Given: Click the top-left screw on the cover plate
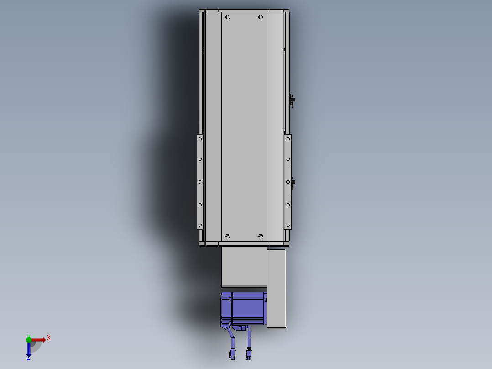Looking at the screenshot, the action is click(228, 17).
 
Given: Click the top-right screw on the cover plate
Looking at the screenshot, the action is click(261, 17).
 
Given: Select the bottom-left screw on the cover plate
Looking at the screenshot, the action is click(228, 236).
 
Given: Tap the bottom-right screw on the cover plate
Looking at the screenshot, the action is click(261, 236).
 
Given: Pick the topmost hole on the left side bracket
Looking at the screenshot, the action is click(200, 138).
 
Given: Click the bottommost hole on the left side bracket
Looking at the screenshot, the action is click(200, 225).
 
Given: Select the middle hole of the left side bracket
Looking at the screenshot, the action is click(200, 182).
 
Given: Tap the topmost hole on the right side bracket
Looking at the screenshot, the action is click(288, 138).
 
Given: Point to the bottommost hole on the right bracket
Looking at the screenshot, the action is click(288, 225).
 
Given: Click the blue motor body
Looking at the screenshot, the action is click(244, 308).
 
